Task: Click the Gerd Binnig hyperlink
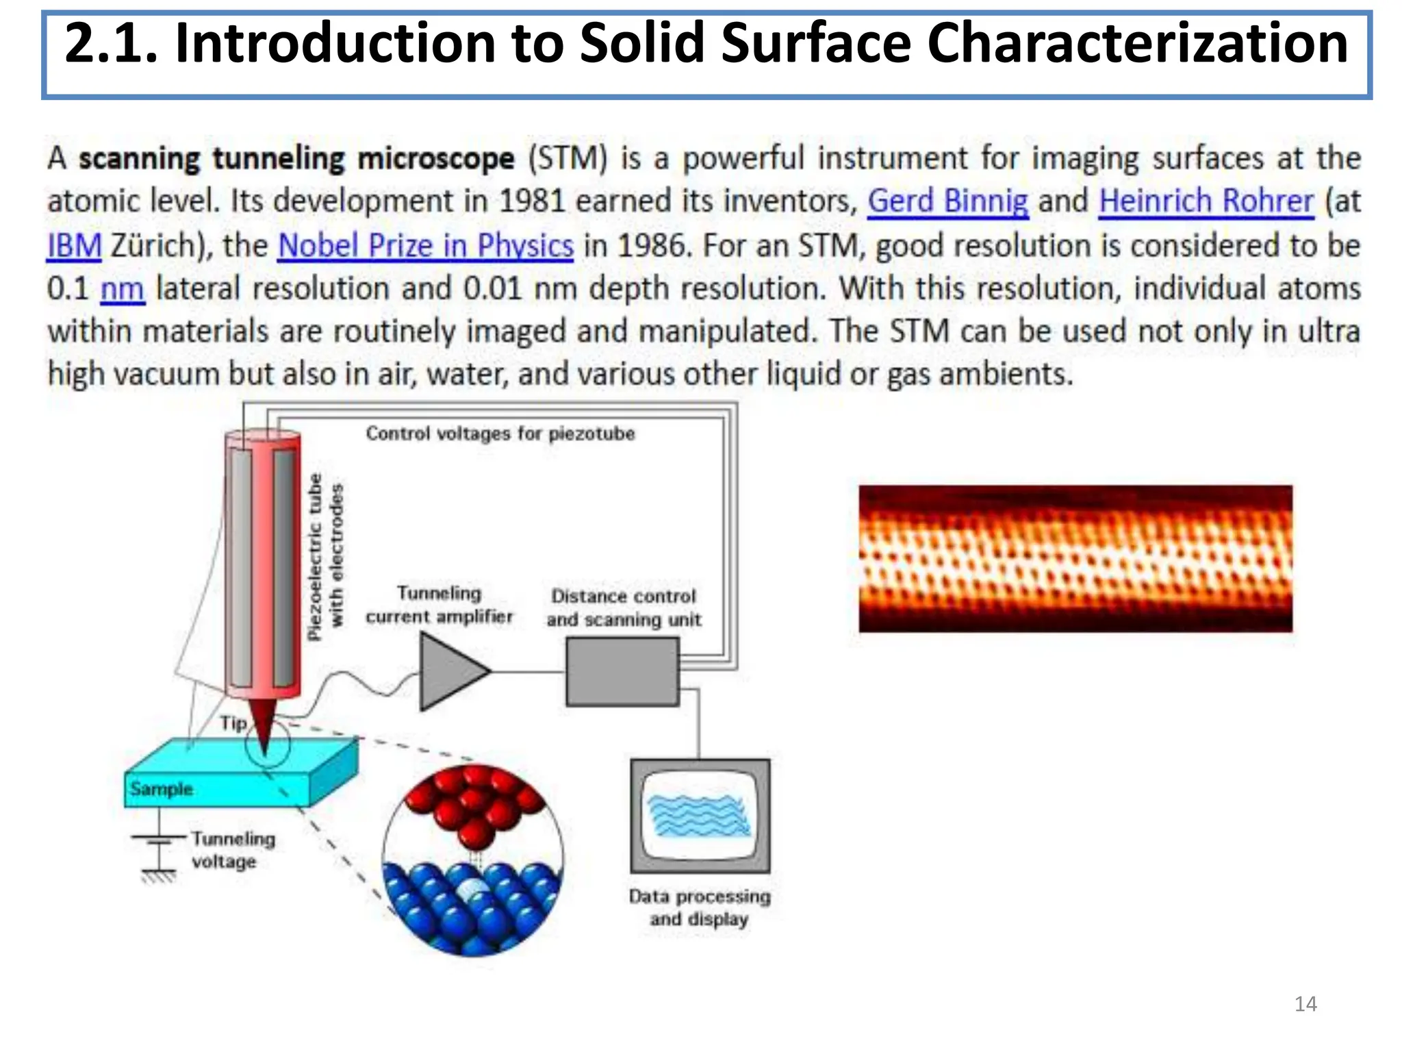point(947,201)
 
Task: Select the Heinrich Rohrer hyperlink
point(1206,201)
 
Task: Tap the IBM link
point(74,246)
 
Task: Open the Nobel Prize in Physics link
point(425,246)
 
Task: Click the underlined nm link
point(123,289)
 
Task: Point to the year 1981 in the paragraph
point(532,201)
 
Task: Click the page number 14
point(1305,1004)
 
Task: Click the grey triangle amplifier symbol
point(450,671)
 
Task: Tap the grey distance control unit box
point(622,672)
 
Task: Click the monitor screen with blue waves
point(700,815)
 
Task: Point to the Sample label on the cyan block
point(162,789)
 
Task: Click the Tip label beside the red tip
point(233,723)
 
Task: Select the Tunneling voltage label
point(233,850)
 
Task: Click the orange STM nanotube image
point(1075,558)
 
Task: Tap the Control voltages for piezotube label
point(500,434)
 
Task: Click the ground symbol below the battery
point(159,875)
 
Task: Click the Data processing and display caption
point(700,907)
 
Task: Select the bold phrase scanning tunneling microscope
point(296,159)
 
